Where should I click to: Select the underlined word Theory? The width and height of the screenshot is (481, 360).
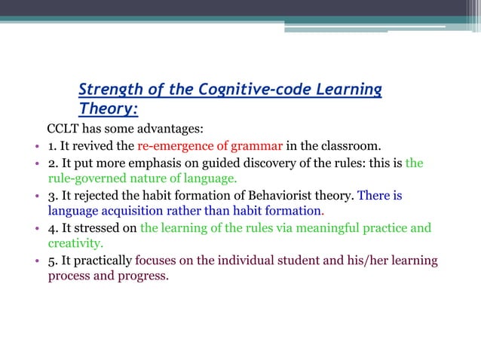pos(109,109)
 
